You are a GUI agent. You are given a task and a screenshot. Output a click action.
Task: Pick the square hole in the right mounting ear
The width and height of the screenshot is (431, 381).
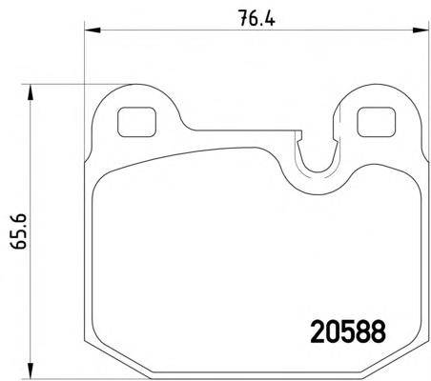(371, 122)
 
